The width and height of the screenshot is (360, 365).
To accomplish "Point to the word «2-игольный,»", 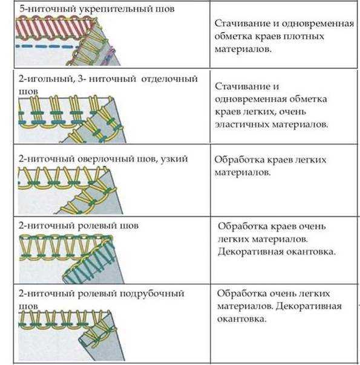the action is (x=47, y=79).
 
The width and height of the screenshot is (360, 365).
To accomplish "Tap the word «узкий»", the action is (x=174, y=160).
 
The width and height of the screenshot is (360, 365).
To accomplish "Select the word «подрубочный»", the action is (x=152, y=294).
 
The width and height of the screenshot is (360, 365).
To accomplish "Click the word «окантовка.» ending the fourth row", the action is (x=311, y=252).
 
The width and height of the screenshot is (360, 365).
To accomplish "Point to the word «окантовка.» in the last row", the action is (x=241, y=318).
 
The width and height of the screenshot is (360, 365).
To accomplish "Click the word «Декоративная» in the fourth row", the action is (x=250, y=252).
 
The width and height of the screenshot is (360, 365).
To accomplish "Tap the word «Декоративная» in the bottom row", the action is (x=309, y=306).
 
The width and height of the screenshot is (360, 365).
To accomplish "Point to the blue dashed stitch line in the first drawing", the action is (x=47, y=47).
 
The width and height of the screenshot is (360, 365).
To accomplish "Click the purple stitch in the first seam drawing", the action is (x=109, y=56).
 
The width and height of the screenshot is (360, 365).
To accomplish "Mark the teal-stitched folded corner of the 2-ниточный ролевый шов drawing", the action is (x=93, y=265).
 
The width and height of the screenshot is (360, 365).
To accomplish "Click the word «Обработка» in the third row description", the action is (x=240, y=160).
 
